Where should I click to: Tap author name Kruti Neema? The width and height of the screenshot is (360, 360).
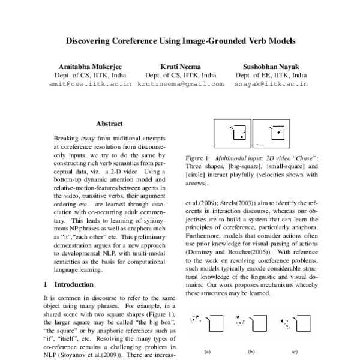point(180,66)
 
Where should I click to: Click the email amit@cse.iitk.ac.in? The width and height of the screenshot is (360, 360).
point(90,85)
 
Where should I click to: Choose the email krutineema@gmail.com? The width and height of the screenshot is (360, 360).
point(180,85)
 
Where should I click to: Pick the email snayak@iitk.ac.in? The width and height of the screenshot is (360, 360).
point(271,85)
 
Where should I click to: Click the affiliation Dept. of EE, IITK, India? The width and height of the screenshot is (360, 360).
point(271,76)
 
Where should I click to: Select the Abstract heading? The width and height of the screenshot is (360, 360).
point(109,124)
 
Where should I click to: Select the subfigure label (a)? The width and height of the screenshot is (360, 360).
point(208,352)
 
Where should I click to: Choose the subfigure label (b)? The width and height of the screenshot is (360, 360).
point(251,352)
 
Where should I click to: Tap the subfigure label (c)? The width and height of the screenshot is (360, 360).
point(295,352)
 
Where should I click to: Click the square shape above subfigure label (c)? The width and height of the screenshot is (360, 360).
point(302,323)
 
